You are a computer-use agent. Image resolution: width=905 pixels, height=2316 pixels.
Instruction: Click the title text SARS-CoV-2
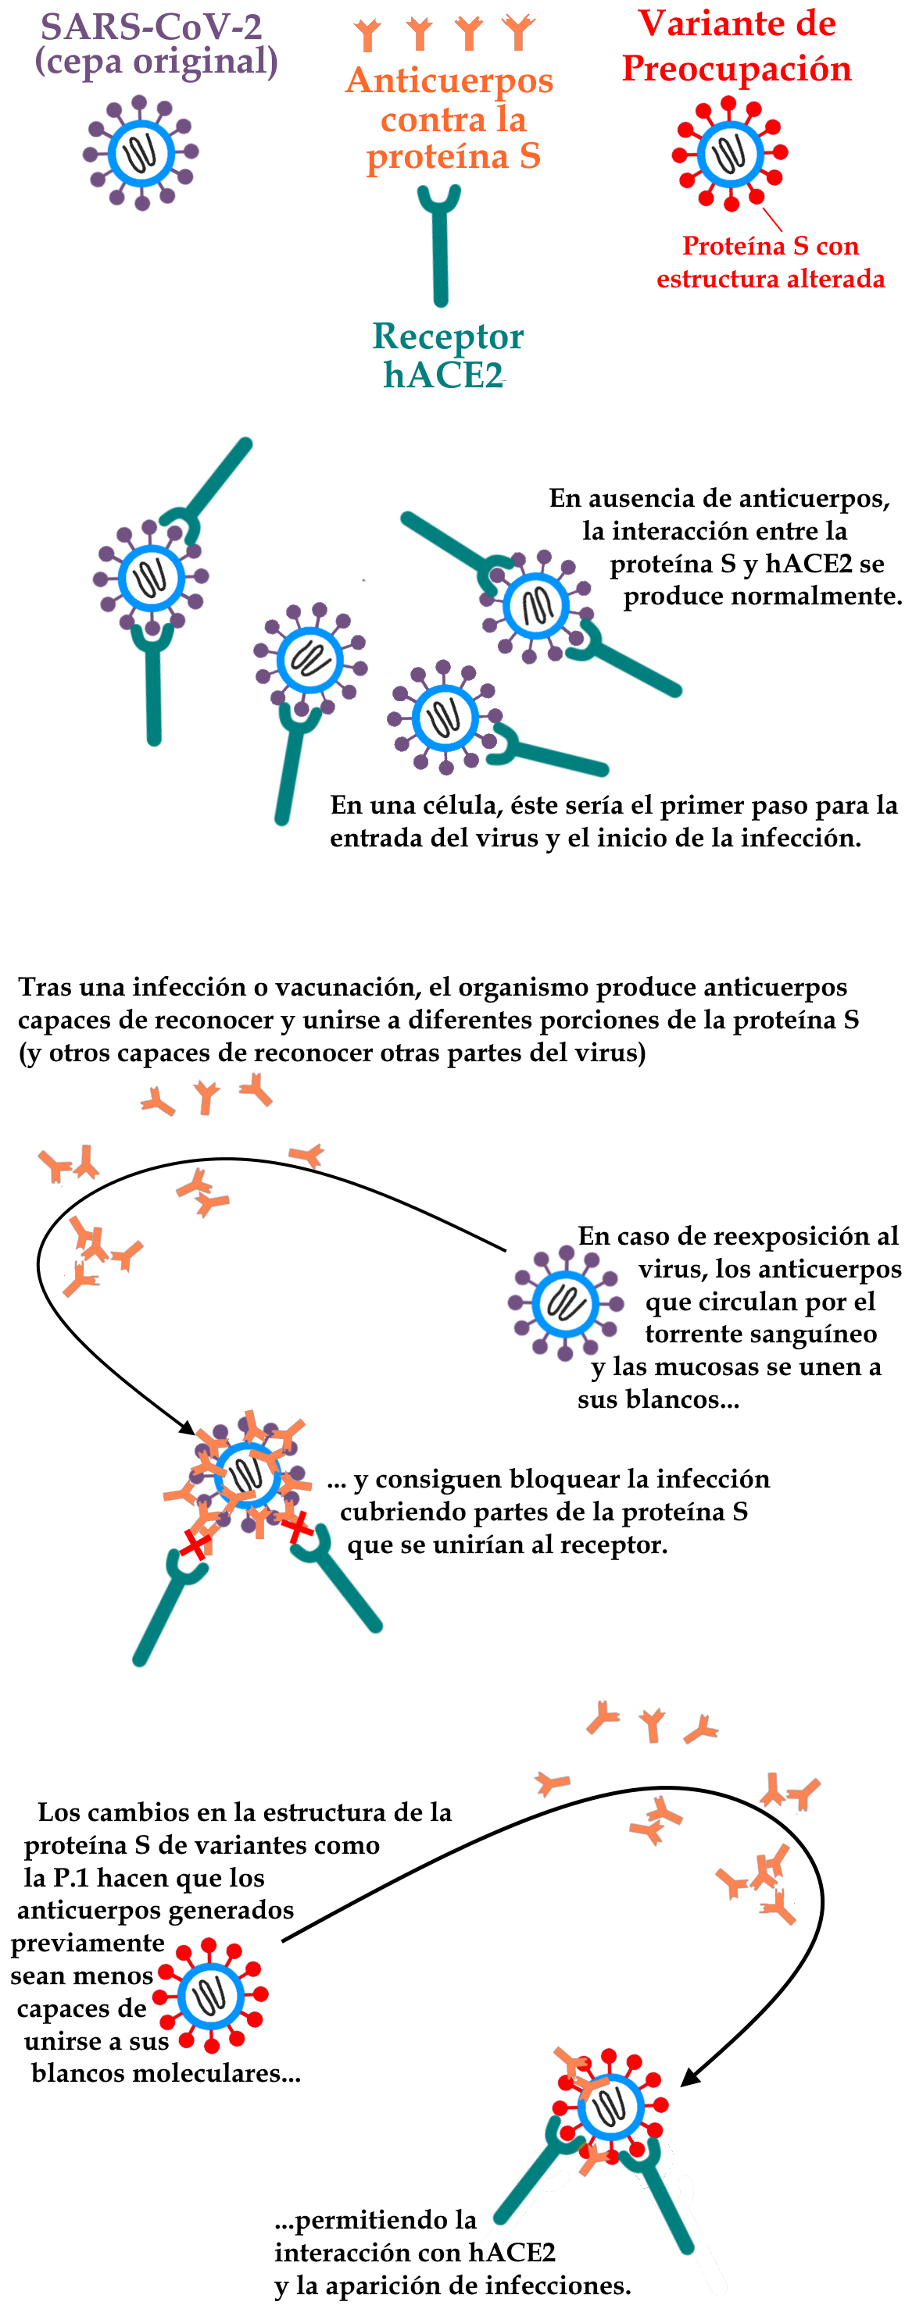(x=151, y=27)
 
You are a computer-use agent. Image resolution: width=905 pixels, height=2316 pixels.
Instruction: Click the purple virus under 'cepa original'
(x=141, y=153)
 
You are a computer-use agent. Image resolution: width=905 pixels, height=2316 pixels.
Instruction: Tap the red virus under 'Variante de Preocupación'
(x=730, y=154)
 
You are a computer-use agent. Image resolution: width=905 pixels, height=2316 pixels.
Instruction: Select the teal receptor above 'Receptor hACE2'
(x=439, y=245)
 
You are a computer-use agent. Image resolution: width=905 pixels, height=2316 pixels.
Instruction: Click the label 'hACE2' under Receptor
(x=442, y=375)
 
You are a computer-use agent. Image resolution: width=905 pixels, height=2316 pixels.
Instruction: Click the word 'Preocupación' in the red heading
(x=737, y=69)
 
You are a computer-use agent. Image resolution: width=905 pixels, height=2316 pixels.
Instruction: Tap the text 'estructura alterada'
(x=770, y=279)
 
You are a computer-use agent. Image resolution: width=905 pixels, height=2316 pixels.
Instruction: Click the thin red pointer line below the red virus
(x=772, y=219)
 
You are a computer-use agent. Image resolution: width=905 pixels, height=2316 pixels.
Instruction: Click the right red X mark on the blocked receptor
(x=297, y=1526)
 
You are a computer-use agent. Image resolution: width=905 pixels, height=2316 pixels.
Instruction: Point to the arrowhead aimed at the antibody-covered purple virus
(x=186, y=1427)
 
